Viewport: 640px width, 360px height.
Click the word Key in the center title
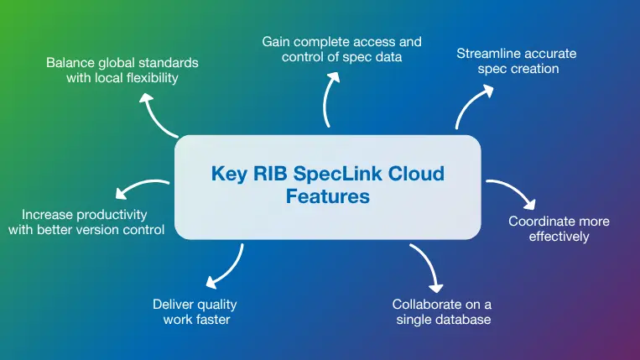click(x=227, y=175)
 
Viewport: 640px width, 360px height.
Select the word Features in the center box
click(x=327, y=196)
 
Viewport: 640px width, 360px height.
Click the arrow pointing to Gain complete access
click(x=330, y=99)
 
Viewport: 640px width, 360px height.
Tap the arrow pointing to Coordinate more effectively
click(x=512, y=192)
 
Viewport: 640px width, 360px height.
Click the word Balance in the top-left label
click(x=70, y=63)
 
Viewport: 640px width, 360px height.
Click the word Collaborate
click(x=428, y=305)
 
